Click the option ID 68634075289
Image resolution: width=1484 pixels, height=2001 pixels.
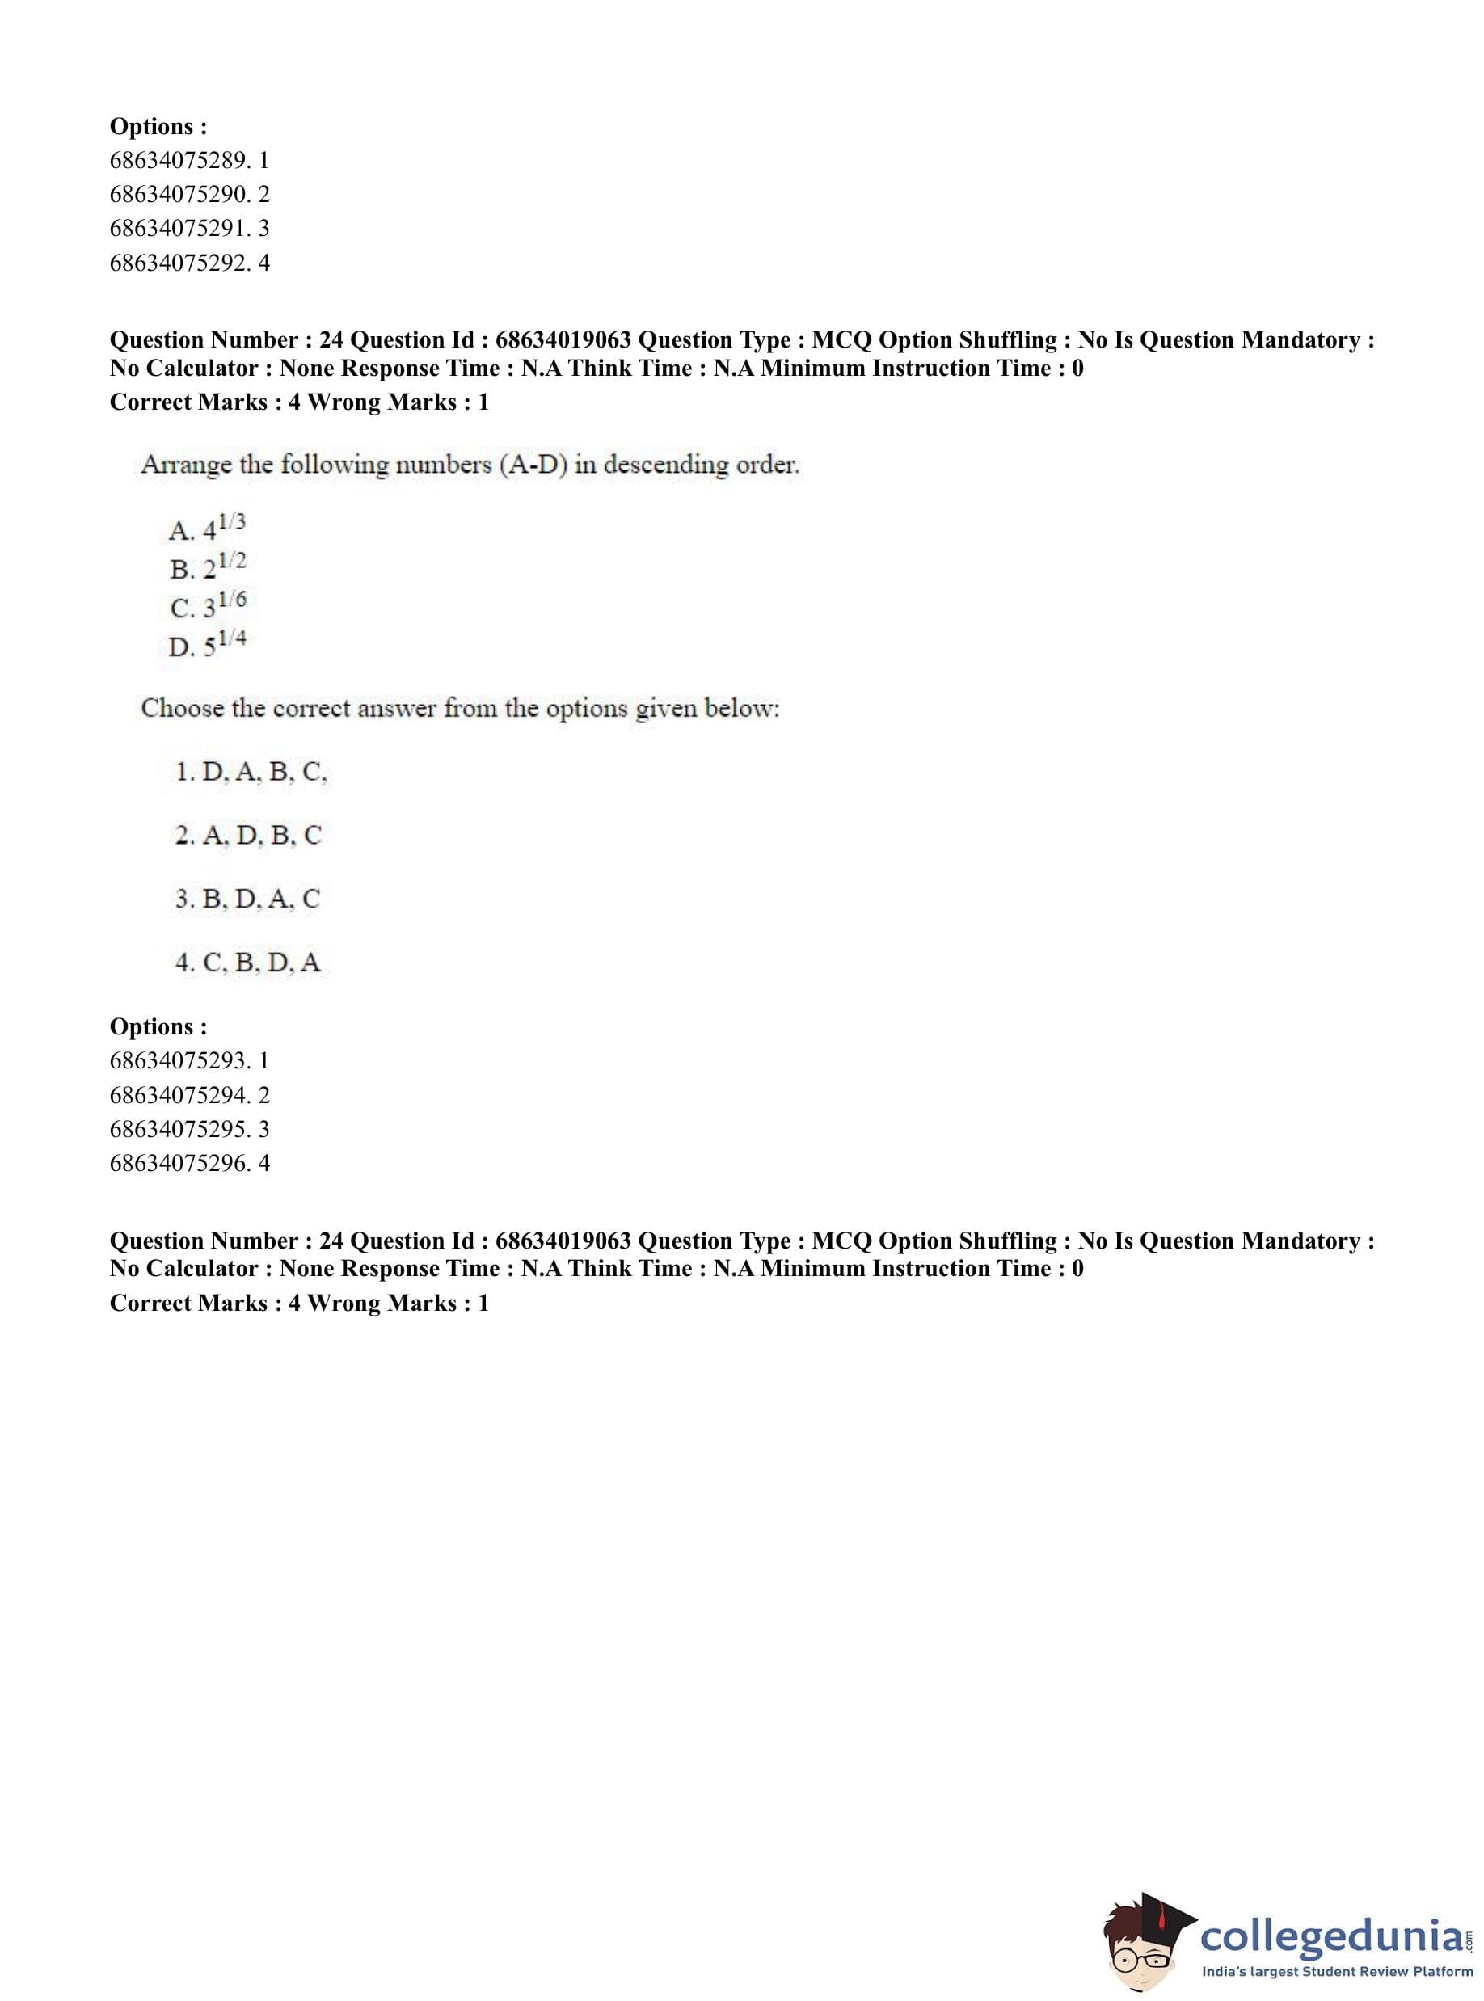188,160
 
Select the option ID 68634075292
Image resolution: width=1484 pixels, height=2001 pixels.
188,263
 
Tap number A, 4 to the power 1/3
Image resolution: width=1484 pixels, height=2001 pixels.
207,528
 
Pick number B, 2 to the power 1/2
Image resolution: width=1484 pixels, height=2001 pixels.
208,567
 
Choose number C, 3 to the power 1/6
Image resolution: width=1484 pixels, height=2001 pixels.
208,605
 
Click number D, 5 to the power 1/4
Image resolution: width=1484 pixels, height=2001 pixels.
207,644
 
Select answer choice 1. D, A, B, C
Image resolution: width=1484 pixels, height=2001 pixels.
251,772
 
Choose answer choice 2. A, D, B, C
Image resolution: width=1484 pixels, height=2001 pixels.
248,836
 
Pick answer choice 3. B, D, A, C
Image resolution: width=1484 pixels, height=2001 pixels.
247,899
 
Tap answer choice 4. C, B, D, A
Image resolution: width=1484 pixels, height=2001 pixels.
247,963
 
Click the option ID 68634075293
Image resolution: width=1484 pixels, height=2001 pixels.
188,1060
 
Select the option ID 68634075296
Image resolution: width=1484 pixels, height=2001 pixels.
188,1163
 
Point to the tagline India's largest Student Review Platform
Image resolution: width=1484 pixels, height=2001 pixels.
1337,1971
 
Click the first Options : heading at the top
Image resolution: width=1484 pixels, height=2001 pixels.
158,126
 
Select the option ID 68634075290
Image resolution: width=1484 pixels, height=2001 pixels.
188,194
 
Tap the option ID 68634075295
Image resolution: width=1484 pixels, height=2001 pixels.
188,1129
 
